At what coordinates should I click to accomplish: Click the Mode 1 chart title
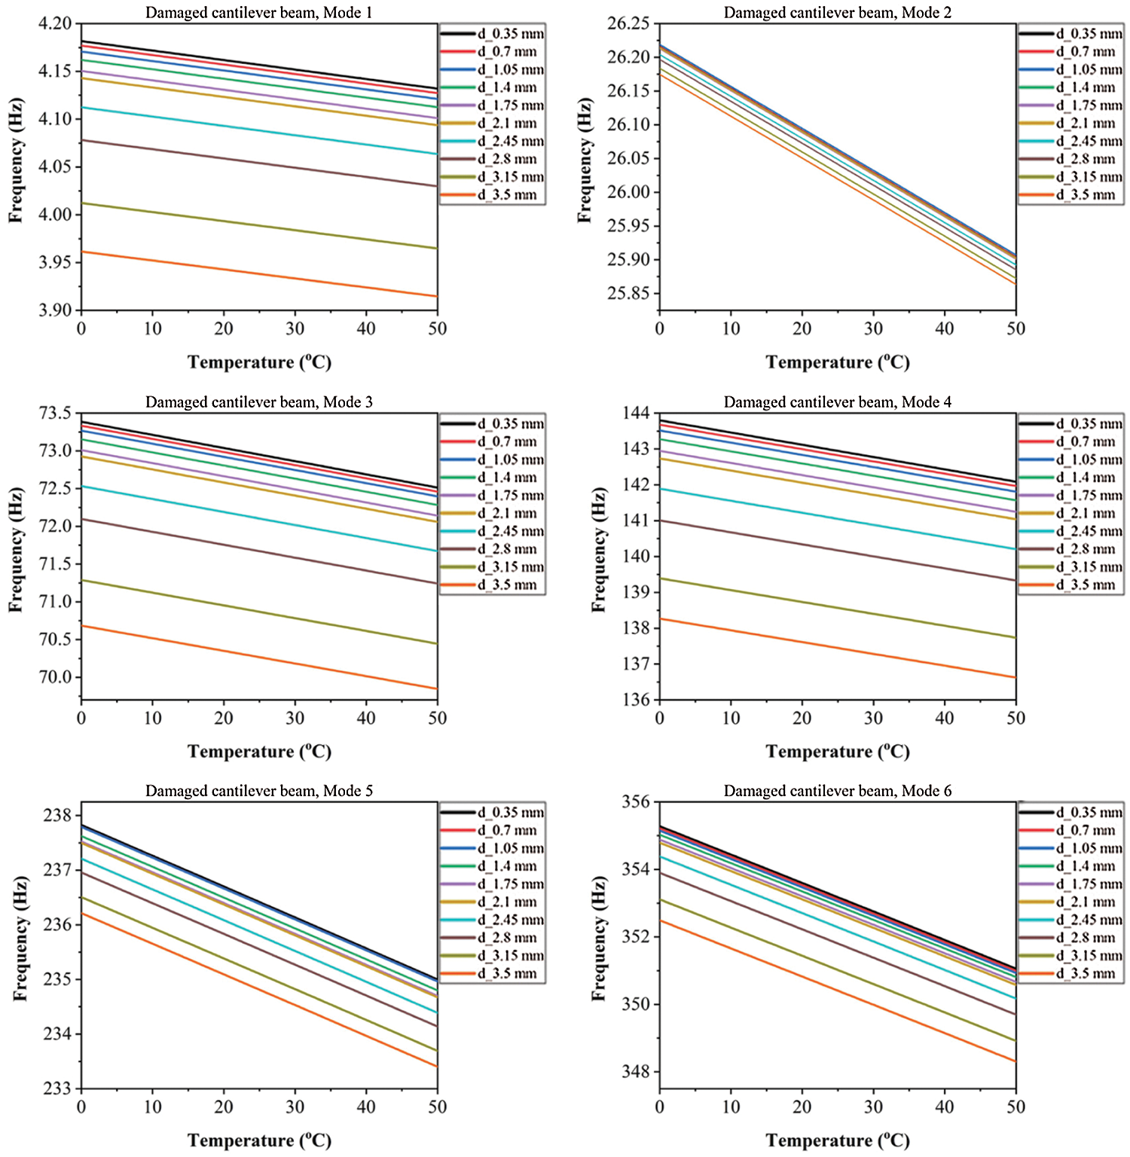coord(258,13)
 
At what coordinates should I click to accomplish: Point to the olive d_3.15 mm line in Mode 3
coord(259,612)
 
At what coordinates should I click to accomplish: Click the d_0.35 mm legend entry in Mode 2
coord(1088,34)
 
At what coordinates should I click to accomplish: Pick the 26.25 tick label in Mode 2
coord(628,23)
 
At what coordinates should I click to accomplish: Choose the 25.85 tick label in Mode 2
coord(628,293)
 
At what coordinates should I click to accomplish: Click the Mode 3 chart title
coord(258,402)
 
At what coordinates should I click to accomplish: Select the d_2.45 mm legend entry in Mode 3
coord(510,531)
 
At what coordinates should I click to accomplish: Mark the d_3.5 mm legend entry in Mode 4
coord(1085,585)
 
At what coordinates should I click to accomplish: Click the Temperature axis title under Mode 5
coord(259,1140)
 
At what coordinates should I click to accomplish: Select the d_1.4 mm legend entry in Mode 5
coord(507,866)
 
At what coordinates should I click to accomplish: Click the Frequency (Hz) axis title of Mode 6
coord(599,938)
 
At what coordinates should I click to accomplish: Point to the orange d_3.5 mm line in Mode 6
coord(838,991)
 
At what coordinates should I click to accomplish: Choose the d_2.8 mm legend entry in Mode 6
coord(1085,938)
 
